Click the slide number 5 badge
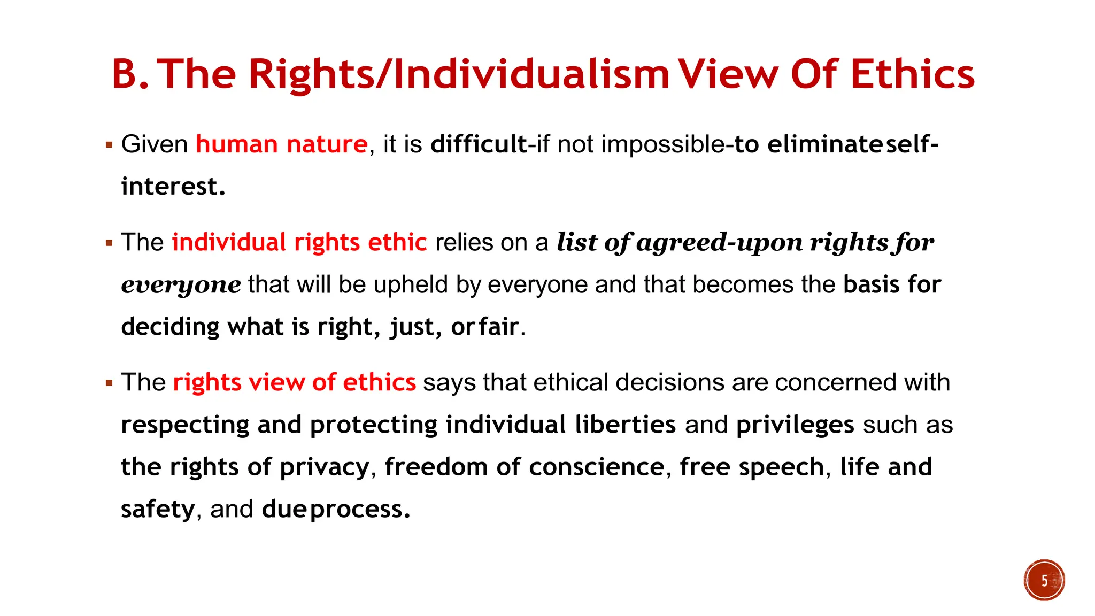(1044, 580)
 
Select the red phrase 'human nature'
(282, 144)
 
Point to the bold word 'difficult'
(479, 144)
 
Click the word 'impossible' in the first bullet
(663, 144)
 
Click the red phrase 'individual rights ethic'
(299, 242)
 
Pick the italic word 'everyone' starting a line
(181, 284)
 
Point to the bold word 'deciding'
(170, 327)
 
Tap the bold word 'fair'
(499, 327)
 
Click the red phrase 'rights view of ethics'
(294, 382)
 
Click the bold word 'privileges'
(795, 425)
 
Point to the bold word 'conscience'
(597, 467)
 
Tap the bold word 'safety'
(158, 509)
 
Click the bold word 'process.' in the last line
(360, 509)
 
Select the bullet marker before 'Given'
(109, 145)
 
